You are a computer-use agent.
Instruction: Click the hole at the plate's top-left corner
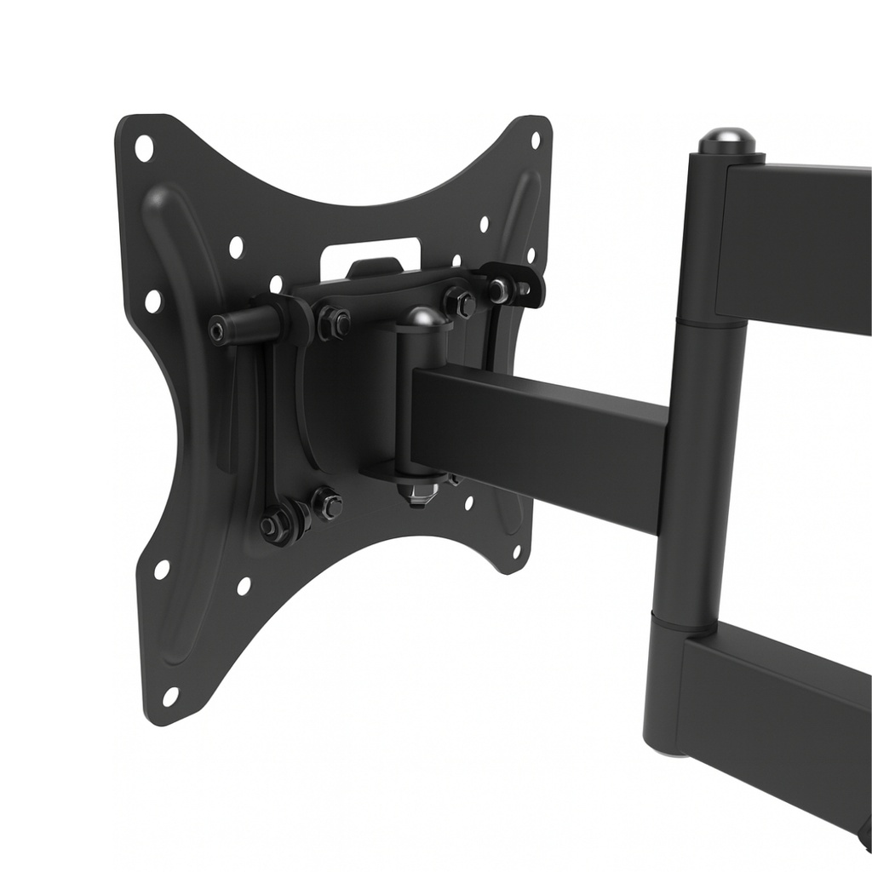[143, 147]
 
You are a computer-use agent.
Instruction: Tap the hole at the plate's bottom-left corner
[170, 697]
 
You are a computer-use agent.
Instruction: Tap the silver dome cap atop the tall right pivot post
[726, 140]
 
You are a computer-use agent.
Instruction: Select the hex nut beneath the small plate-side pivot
[418, 491]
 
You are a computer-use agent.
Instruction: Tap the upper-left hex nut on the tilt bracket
[334, 322]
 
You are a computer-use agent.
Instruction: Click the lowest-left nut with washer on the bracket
[275, 525]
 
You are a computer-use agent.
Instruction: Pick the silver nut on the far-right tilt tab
[499, 290]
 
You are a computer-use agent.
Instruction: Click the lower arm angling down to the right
[766, 715]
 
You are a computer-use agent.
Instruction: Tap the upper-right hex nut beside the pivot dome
[460, 303]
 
